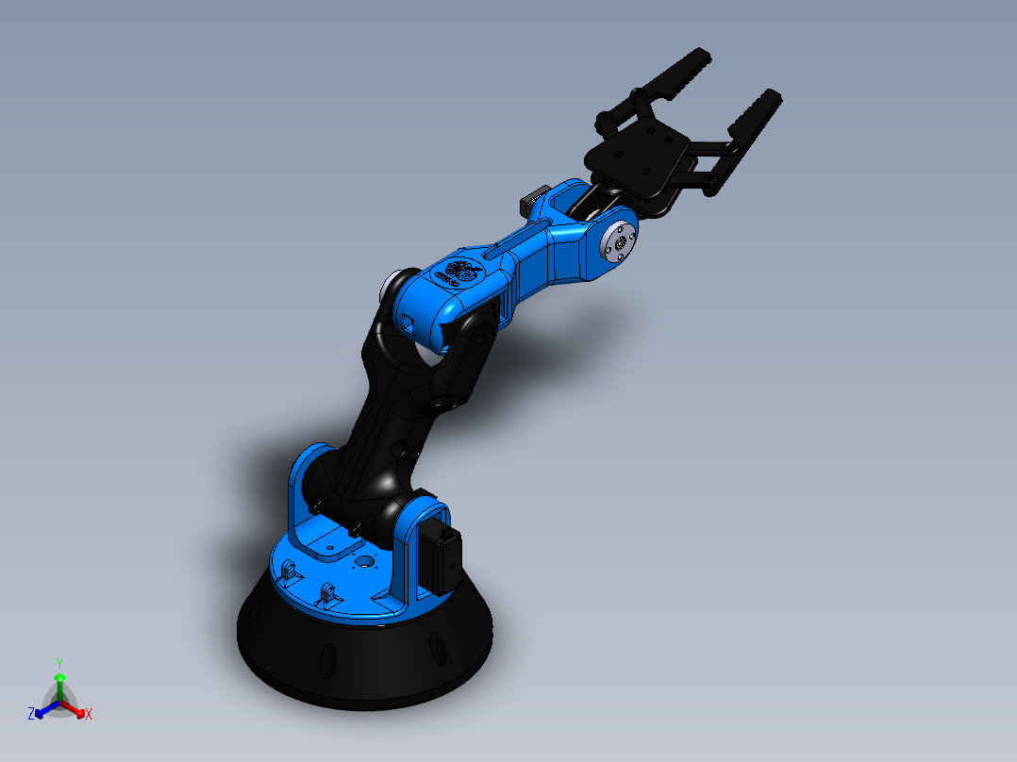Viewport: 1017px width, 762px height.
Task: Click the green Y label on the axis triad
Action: click(58, 662)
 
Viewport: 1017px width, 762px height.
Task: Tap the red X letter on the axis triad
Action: click(89, 715)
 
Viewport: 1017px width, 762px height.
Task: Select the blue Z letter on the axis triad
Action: click(31, 714)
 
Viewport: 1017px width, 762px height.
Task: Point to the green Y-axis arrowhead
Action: click(58, 678)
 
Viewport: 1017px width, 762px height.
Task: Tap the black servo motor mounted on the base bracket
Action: click(441, 557)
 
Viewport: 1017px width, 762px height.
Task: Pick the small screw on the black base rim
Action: click(269, 669)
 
